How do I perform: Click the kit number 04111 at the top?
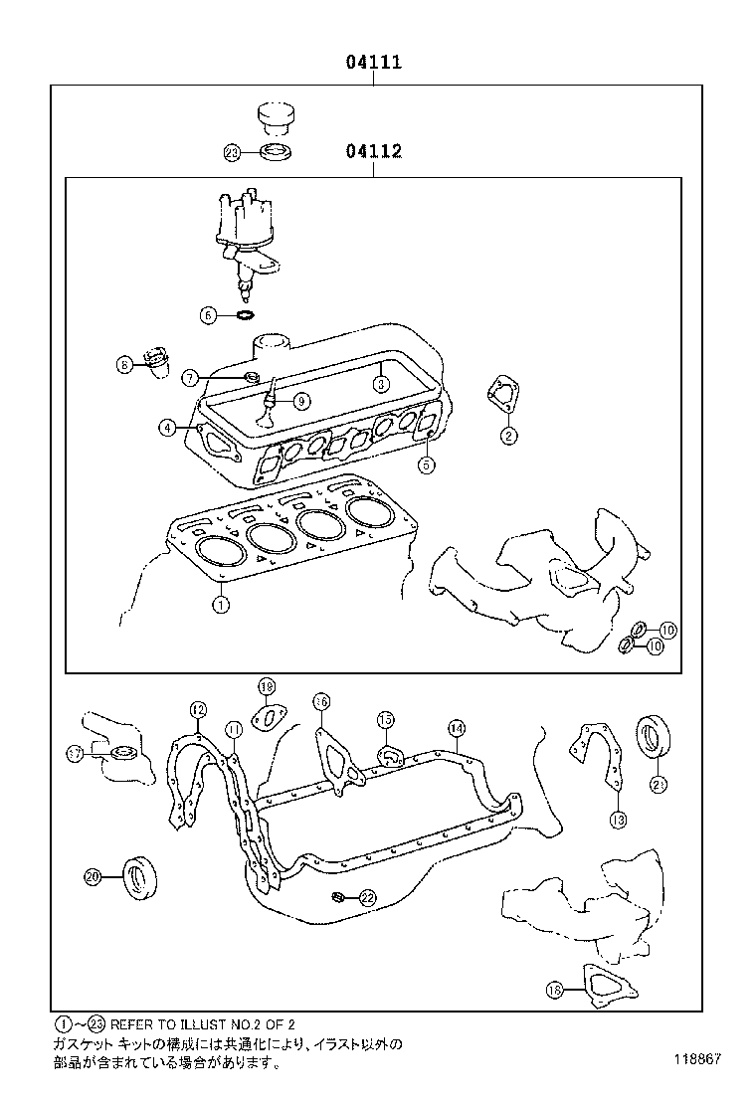373,63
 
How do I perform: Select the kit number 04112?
373,151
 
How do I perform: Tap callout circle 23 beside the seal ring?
232,153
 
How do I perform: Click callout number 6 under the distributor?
209,315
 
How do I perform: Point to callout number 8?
125,365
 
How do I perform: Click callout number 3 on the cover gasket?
380,382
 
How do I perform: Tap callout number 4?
168,428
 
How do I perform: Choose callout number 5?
425,463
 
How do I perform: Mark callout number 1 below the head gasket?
221,603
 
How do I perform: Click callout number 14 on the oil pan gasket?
455,727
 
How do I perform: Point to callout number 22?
366,898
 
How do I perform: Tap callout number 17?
75,755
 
